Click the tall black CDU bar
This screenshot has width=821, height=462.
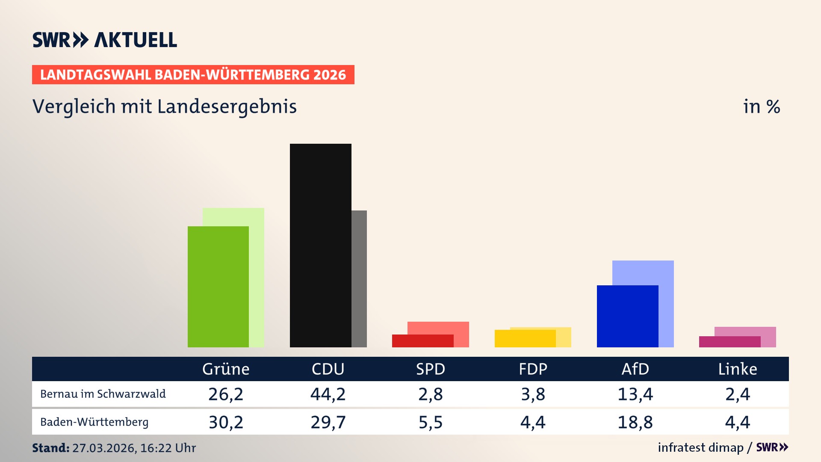(320, 245)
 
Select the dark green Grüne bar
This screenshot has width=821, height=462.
(218, 287)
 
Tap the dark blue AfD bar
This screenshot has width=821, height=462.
(627, 316)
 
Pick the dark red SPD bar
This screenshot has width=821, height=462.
(422, 341)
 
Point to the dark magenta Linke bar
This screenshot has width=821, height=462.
(729, 342)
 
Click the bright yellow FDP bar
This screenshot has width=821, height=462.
(525, 338)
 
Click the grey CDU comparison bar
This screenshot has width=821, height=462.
(359, 278)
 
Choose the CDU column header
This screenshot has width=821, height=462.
(328, 369)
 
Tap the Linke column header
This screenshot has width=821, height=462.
(737, 369)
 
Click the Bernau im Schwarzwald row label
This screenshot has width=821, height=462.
(103, 394)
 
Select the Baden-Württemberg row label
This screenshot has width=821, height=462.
(94, 422)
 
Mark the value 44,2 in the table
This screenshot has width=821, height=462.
(328, 394)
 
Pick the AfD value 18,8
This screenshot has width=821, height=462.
(635, 422)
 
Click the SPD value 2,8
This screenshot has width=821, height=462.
(430, 394)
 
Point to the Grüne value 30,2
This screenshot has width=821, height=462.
(226, 422)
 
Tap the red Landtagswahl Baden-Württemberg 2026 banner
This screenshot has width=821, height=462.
(193, 75)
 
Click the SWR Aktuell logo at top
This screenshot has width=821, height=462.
(105, 40)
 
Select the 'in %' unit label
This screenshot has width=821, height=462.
(761, 107)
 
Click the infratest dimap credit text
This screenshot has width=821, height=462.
(700, 447)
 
